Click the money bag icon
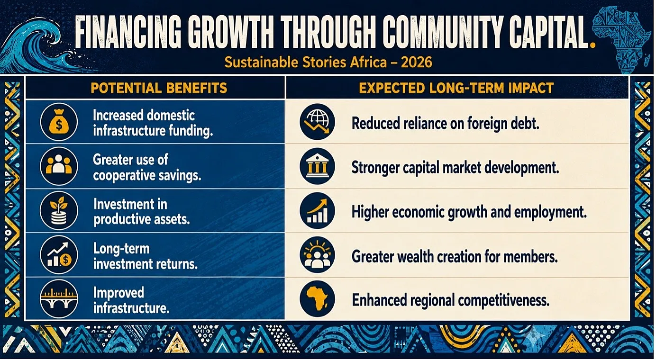[59, 122]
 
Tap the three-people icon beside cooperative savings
[59, 166]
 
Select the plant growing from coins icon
[59, 210]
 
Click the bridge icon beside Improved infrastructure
[59, 299]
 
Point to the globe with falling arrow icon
[318, 122]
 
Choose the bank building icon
[318, 166]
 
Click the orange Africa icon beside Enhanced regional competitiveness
[318, 299]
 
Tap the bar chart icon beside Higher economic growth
[318, 210]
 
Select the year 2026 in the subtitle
[417, 63]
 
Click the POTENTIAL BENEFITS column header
[159, 88]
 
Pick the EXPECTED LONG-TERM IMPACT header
[456, 88]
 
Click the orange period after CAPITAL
[592, 45]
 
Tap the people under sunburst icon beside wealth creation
[318, 255]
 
